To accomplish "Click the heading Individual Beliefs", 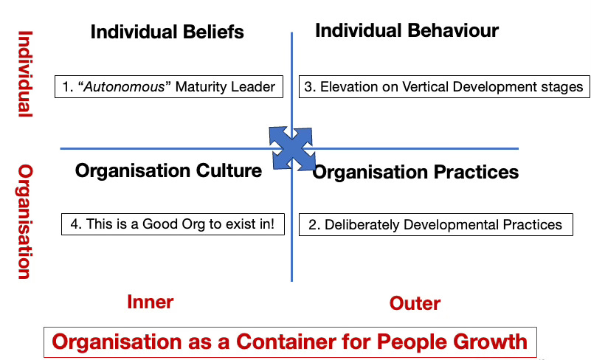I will pos(167,32).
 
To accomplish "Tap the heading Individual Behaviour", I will pos(407,30).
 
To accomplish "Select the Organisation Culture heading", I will pos(168,171).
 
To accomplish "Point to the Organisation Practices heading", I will pos(415,172).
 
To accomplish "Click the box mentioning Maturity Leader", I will pos(169,86).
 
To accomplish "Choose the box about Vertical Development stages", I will pos(443,86).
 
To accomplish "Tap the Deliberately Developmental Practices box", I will pos(435,224).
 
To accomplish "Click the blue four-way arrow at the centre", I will pos(293,147).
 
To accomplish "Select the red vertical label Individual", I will pos(25,74).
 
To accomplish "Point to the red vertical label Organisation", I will pos(25,221).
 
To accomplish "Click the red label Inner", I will pos(150,302).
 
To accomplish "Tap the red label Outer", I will pos(415,303).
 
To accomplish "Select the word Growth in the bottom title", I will pos(489,342).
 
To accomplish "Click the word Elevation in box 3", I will pos(347,86).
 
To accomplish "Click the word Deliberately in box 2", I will pos(359,224).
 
